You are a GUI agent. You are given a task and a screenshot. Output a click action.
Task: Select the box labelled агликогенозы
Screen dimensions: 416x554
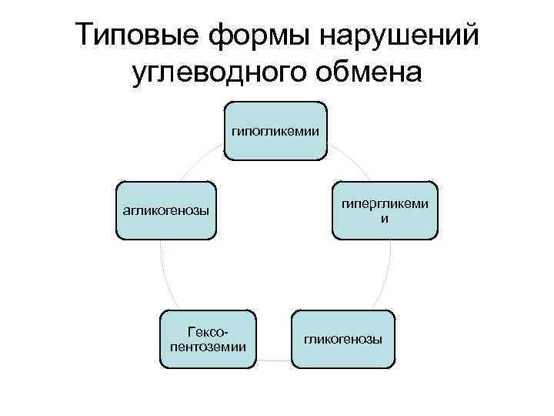tap(165, 211)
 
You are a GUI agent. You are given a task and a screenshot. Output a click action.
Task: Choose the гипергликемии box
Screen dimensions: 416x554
tap(385, 211)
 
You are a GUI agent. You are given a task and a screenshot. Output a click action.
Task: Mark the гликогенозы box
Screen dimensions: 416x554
tap(342, 339)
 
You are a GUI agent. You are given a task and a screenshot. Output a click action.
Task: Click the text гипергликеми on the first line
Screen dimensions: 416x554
tap(385, 204)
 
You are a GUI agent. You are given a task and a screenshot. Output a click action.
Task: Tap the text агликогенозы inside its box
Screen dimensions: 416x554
tap(165, 210)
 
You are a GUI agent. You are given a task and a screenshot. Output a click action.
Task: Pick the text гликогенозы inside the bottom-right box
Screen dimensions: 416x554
tap(342, 339)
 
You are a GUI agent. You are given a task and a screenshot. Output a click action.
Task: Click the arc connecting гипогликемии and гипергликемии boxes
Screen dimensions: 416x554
tap(349, 157)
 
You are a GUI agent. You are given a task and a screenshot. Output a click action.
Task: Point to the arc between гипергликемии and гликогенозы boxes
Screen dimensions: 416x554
tap(385, 277)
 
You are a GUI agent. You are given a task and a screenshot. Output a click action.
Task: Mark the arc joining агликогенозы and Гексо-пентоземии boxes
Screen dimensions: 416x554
tap(164, 277)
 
